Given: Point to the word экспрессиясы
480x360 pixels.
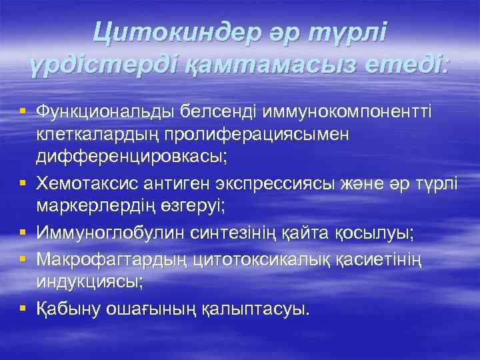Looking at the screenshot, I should pyautogui.click(x=282, y=183).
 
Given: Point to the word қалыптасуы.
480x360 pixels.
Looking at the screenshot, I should pyautogui.click(x=253, y=310).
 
